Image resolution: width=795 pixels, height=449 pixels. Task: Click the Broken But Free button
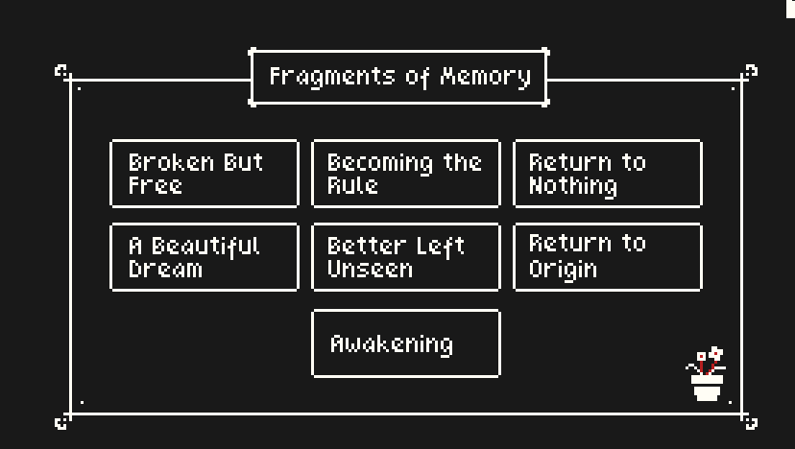[205, 174]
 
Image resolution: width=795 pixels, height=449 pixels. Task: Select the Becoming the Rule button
[405, 174]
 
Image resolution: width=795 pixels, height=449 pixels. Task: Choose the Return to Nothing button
[608, 174]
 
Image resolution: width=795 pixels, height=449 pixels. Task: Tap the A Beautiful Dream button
[205, 257]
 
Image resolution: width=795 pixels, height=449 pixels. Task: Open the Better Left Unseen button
[405, 257]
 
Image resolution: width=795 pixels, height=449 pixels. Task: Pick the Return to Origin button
[608, 257]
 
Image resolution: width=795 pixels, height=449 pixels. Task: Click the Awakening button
[405, 343]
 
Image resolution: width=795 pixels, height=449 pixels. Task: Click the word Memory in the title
[486, 78]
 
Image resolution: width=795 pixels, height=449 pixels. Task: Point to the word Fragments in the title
[332, 78]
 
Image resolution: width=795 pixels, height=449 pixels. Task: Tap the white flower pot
[707, 388]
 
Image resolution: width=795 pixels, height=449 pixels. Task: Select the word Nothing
[573, 186]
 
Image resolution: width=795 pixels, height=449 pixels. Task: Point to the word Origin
[563, 269]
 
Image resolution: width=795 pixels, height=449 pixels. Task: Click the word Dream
[165, 268]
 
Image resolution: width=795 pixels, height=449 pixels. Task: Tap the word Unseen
[370, 268]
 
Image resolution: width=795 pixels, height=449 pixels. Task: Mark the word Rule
[352, 185]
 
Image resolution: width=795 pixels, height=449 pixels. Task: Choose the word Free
[156, 185]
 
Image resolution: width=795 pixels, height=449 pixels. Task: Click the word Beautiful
[205, 247]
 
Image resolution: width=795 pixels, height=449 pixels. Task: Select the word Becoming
[380, 164]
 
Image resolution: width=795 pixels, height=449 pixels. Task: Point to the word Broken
[171, 162]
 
